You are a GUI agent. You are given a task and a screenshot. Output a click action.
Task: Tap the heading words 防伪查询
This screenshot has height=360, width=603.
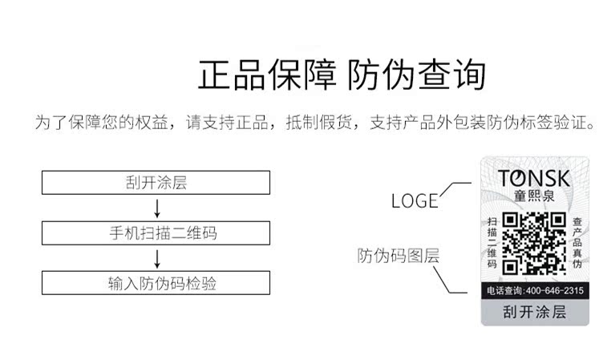point(417,75)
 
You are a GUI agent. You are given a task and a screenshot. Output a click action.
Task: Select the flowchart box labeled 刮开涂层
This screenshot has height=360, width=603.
point(156,183)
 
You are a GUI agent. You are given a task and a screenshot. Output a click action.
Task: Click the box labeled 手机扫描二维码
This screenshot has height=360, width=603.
point(156,233)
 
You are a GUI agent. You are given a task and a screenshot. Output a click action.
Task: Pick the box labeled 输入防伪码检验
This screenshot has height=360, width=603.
point(156,283)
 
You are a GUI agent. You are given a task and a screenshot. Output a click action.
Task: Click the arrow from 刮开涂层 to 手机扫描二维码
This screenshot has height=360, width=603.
point(157,208)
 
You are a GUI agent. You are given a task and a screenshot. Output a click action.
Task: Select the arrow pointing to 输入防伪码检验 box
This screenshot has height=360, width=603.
point(157,258)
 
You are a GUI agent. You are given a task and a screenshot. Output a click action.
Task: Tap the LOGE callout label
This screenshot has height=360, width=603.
point(415,201)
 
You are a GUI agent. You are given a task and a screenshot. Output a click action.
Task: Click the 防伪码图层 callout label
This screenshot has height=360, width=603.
point(399,256)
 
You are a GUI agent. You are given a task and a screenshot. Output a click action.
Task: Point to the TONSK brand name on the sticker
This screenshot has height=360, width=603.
point(532,178)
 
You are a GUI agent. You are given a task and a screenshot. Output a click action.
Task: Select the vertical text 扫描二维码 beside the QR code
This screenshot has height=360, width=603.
point(492,242)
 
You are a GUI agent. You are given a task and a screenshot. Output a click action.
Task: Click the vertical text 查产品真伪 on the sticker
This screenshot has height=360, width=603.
point(577,242)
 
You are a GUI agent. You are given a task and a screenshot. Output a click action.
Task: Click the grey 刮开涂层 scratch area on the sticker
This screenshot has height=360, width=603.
point(534,312)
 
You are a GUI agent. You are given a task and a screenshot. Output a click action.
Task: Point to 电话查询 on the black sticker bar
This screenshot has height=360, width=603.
point(505,290)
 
